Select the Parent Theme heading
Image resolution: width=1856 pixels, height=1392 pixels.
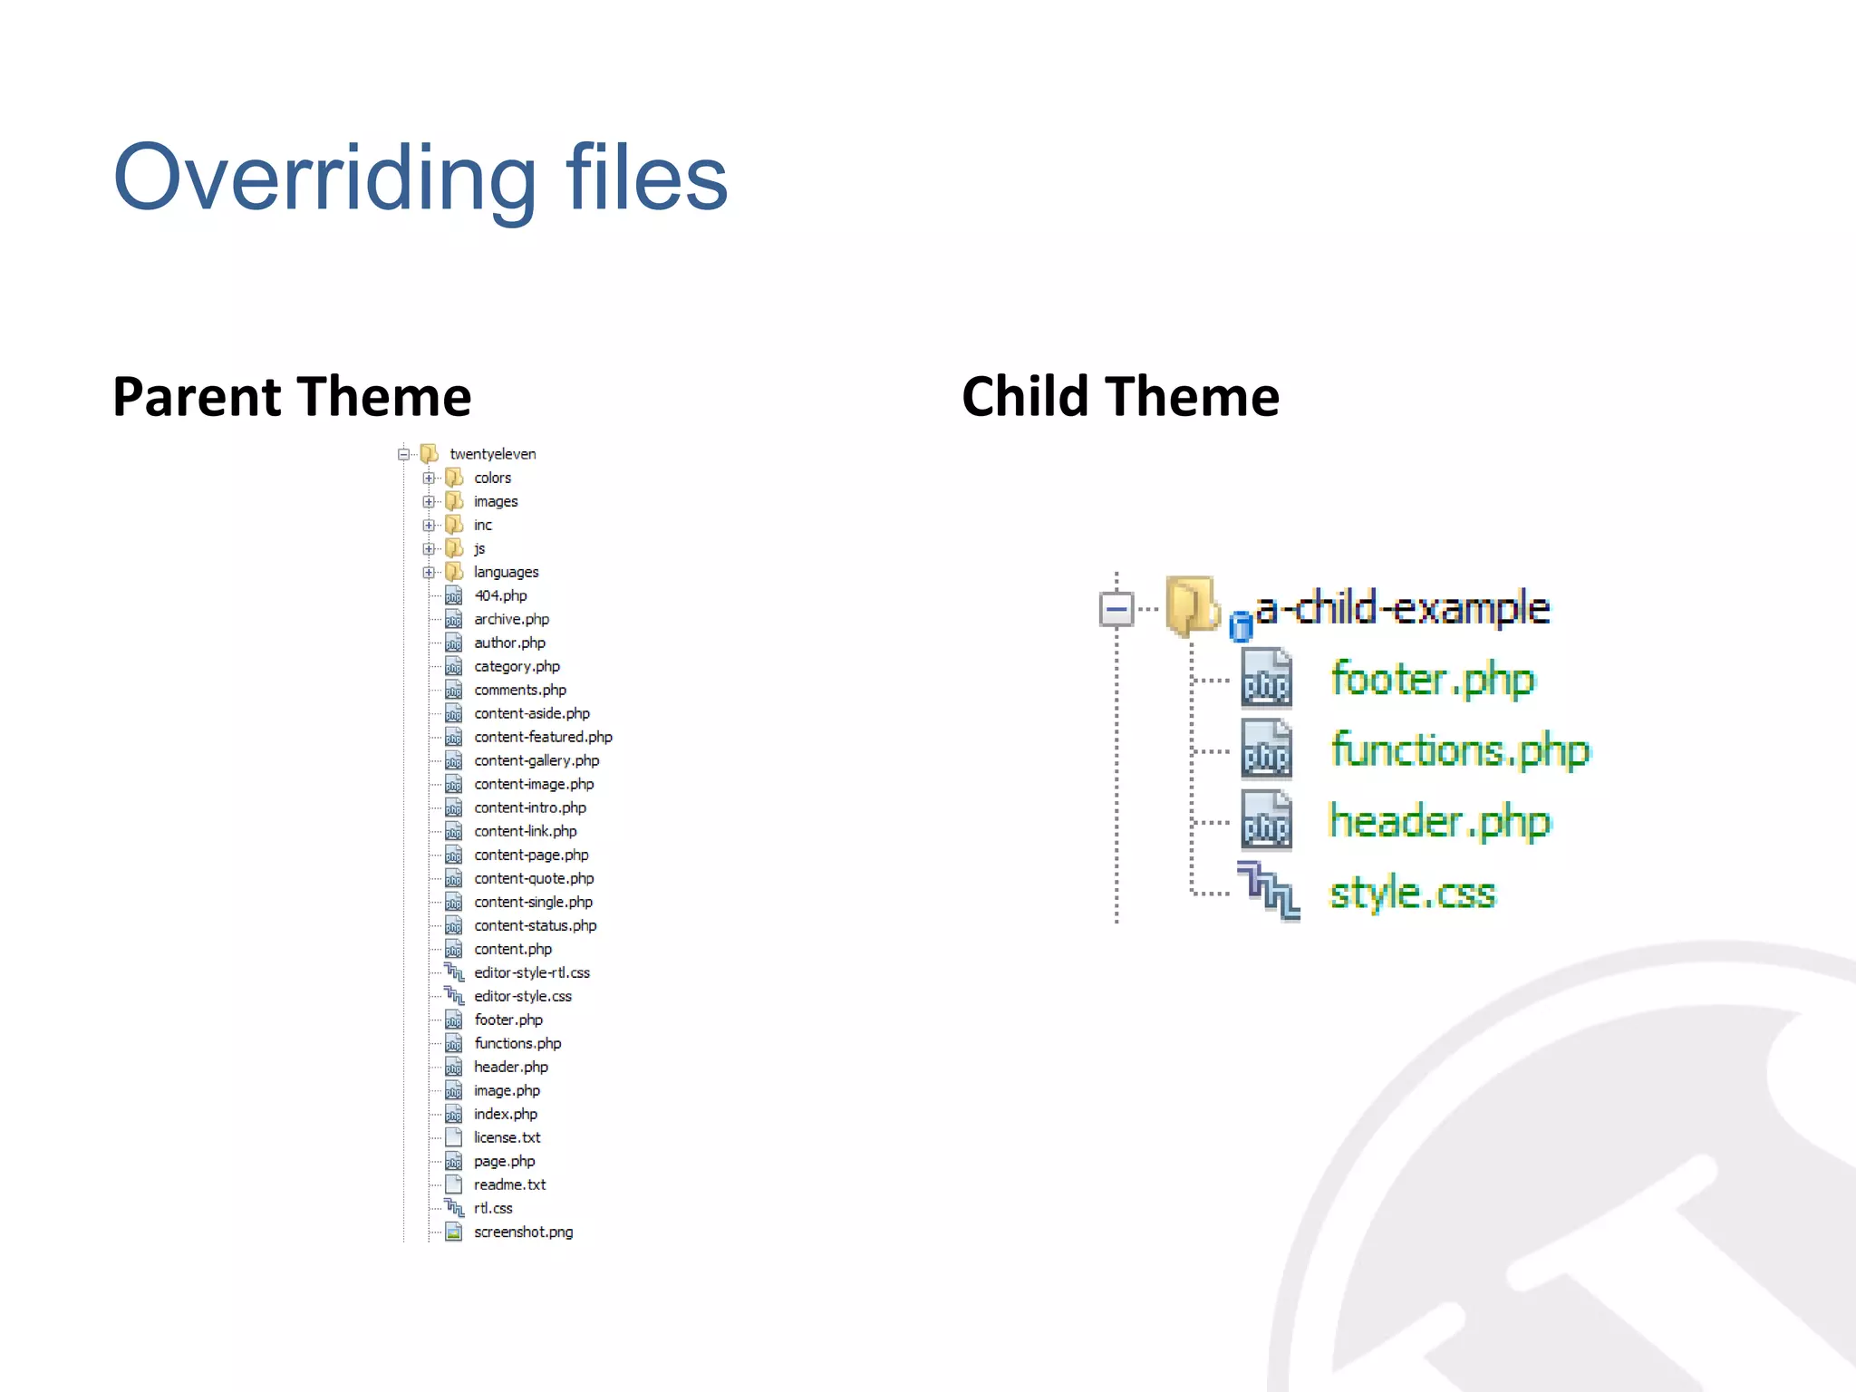tap(292, 397)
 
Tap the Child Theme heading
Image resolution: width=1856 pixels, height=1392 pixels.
tap(1120, 397)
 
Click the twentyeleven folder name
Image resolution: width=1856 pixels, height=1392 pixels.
tap(492, 454)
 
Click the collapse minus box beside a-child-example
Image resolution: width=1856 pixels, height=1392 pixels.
tap(1116, 608)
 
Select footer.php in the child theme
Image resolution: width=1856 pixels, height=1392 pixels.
tap(1432, 679)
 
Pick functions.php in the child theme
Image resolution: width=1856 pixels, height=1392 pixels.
tap(1459, 750)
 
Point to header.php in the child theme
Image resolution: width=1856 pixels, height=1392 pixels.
tap(1439, 821)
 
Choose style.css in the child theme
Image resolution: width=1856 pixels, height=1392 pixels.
tap(1412, 893)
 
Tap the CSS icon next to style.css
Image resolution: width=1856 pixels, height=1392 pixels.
tap(1268, 892)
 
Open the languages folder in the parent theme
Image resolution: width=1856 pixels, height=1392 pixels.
tap(506, 572)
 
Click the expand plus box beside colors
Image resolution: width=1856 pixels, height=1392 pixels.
tap(429, 478)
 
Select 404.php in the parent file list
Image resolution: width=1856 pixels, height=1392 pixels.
tap(500, 595)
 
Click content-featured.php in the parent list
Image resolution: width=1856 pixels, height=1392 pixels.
tap(543, 737)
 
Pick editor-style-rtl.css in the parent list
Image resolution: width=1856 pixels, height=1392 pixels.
tap(531, 972)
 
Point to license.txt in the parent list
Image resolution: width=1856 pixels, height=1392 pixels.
tap(507, 1137)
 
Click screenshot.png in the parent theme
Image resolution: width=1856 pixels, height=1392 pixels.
tap(523, 1232)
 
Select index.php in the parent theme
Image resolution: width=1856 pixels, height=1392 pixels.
tap(505, 1114)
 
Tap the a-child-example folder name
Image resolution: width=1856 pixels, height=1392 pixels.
tap(1403, 608)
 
